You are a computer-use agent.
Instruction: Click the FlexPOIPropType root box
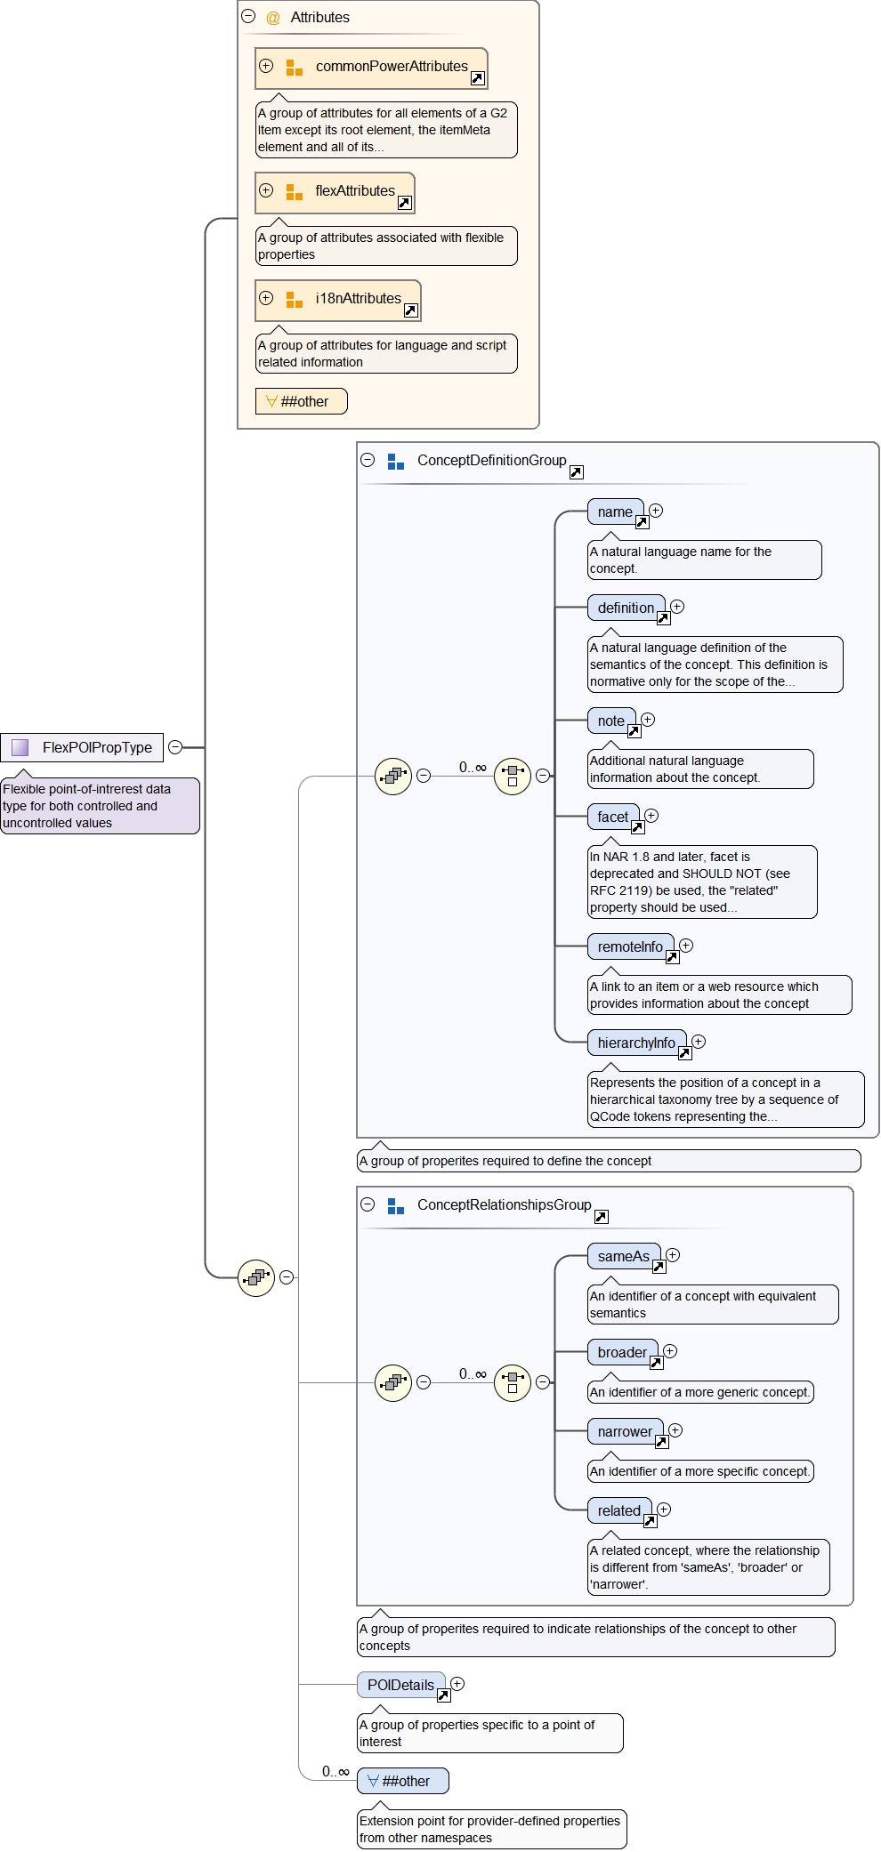(x=82, y=747)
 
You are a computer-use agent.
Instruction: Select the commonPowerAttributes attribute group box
(x=371, y=68)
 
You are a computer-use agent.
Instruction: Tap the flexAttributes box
(x=335, y=192)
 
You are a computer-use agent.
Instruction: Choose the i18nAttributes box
(x=338, y=300)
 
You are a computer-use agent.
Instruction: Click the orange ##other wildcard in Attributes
(x=301, y=401)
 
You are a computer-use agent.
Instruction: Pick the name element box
(x=615, y=512)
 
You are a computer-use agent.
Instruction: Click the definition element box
(x=626, y=608)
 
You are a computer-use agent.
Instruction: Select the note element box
(x=611, y=721)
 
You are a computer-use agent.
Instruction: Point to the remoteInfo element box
(x=630, y=947)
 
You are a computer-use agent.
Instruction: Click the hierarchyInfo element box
(x=636, y=1043)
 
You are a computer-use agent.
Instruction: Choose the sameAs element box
(x=623, y=1257)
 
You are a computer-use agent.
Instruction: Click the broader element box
(x=622, y=1353)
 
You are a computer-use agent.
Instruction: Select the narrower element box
(x=625, y=1432)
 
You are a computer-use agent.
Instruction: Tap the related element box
(x=619, y=1511)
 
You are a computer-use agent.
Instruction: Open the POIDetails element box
(x=400, y=1686)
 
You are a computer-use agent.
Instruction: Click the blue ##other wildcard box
(x=403, y=1781)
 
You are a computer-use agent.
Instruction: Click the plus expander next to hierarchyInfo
(x=699, y=1042)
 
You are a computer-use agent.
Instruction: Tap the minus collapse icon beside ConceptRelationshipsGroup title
(x=368, y=1204)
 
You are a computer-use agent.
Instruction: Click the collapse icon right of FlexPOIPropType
(x=175, y=747)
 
